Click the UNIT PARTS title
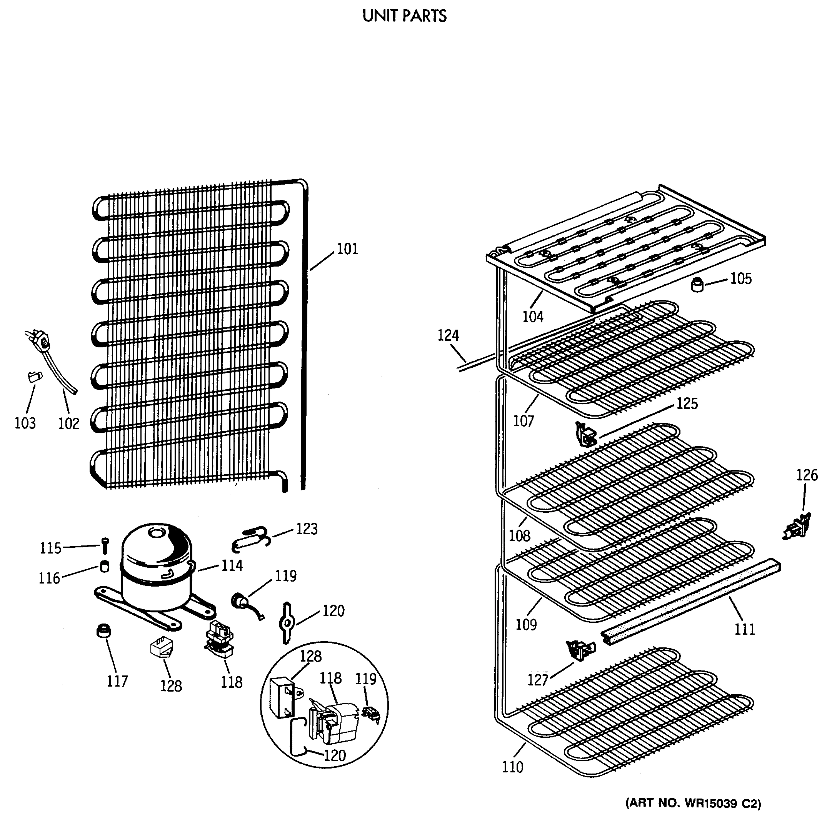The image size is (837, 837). tap(404, 16)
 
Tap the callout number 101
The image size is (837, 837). tap(347, 249)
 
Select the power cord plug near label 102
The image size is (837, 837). tap(42, 343)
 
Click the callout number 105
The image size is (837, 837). tap(741, 278)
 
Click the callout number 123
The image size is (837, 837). tap(307, 529)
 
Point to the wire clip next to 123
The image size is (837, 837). tap(250, 539)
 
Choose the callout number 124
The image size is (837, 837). tap(448, 335)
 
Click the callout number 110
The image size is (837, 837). tap(512, 767)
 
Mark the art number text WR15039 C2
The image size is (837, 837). tap(693, 804)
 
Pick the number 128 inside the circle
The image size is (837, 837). tap(311, 656)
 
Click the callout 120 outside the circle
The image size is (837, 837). tap(333, 611)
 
